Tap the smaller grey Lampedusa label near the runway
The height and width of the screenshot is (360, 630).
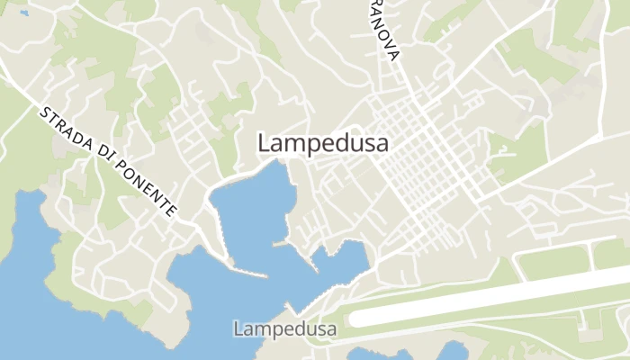[284, 329]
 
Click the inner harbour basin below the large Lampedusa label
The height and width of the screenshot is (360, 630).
[252, 207]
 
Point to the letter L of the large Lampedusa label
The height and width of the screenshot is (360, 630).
[264, 143]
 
